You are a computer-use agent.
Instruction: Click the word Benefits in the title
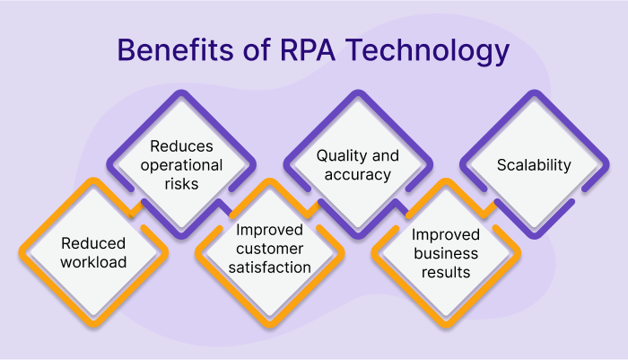(175, 50)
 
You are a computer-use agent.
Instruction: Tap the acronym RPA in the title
(307, 50)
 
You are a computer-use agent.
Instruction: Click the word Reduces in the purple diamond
(181, 146)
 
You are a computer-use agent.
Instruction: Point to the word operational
(181, 165)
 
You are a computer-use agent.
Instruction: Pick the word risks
(181, 184)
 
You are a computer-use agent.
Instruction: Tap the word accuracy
(358, 175)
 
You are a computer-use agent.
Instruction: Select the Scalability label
(534, 165)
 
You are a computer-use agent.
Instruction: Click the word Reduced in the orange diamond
(93, 243)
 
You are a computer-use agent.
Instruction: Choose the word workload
(93, 262)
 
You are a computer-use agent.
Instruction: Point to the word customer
(269, 249)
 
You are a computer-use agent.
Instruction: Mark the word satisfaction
(269, 268)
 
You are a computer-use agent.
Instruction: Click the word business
(446, 253)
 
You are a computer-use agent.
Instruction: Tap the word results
(446, 272)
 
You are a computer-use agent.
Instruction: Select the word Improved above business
(446, 235)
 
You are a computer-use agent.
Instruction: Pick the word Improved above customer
(269, 230)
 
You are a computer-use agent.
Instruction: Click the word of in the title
(257, 50)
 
